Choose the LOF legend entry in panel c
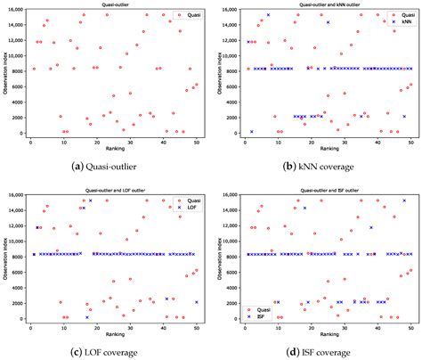pos(193,207)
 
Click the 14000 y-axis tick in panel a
pos(17,25)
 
